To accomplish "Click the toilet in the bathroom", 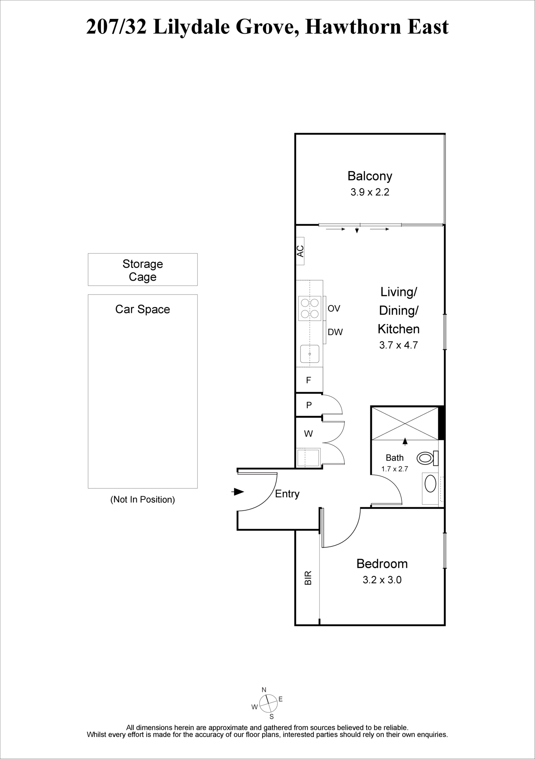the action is pyautogui.click(x=427, y=458).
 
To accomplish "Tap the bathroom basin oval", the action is pyautogui.click(x=431, y=484).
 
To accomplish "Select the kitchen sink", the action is pyautogui.click(x=310, y=354).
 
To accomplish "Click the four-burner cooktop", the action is pyautogui.click(x=309, y=308).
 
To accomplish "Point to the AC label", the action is pyautogui.click(x=300, y=251).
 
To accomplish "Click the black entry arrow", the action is pyautogui.click(x=237, y=492).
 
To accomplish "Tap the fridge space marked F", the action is pyautogui.click(x=309, y=380).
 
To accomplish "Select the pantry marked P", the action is pyautogui.click(x=309, y=405).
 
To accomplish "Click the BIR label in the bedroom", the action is pyautogui.click(x=308, y=578).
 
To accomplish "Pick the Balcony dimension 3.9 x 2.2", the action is pyautogui.click(x=370, y=192).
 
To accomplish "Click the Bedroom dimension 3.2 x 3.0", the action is pyautogui.click(x=382, y=580).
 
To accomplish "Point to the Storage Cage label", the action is pyautogui.click(x=142, y=270).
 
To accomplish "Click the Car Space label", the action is pyautogui.click(x=142, y=309).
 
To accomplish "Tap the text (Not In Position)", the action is pyautogui.click(x=142, y=499).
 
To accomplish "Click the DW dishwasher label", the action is pyautogui.click(x=335, y=332).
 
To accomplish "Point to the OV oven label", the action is pyautogui.click(x=334, y=309).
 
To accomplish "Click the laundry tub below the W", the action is pyautogui.click(x=309, y=457).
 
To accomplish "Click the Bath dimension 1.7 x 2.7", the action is pyautogui.click(x=394, y=469).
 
